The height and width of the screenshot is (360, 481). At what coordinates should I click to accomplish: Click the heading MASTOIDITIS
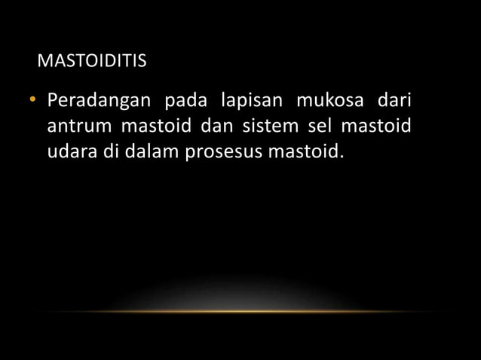(91, 60)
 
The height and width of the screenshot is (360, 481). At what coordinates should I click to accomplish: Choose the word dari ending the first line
(393, 102)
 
